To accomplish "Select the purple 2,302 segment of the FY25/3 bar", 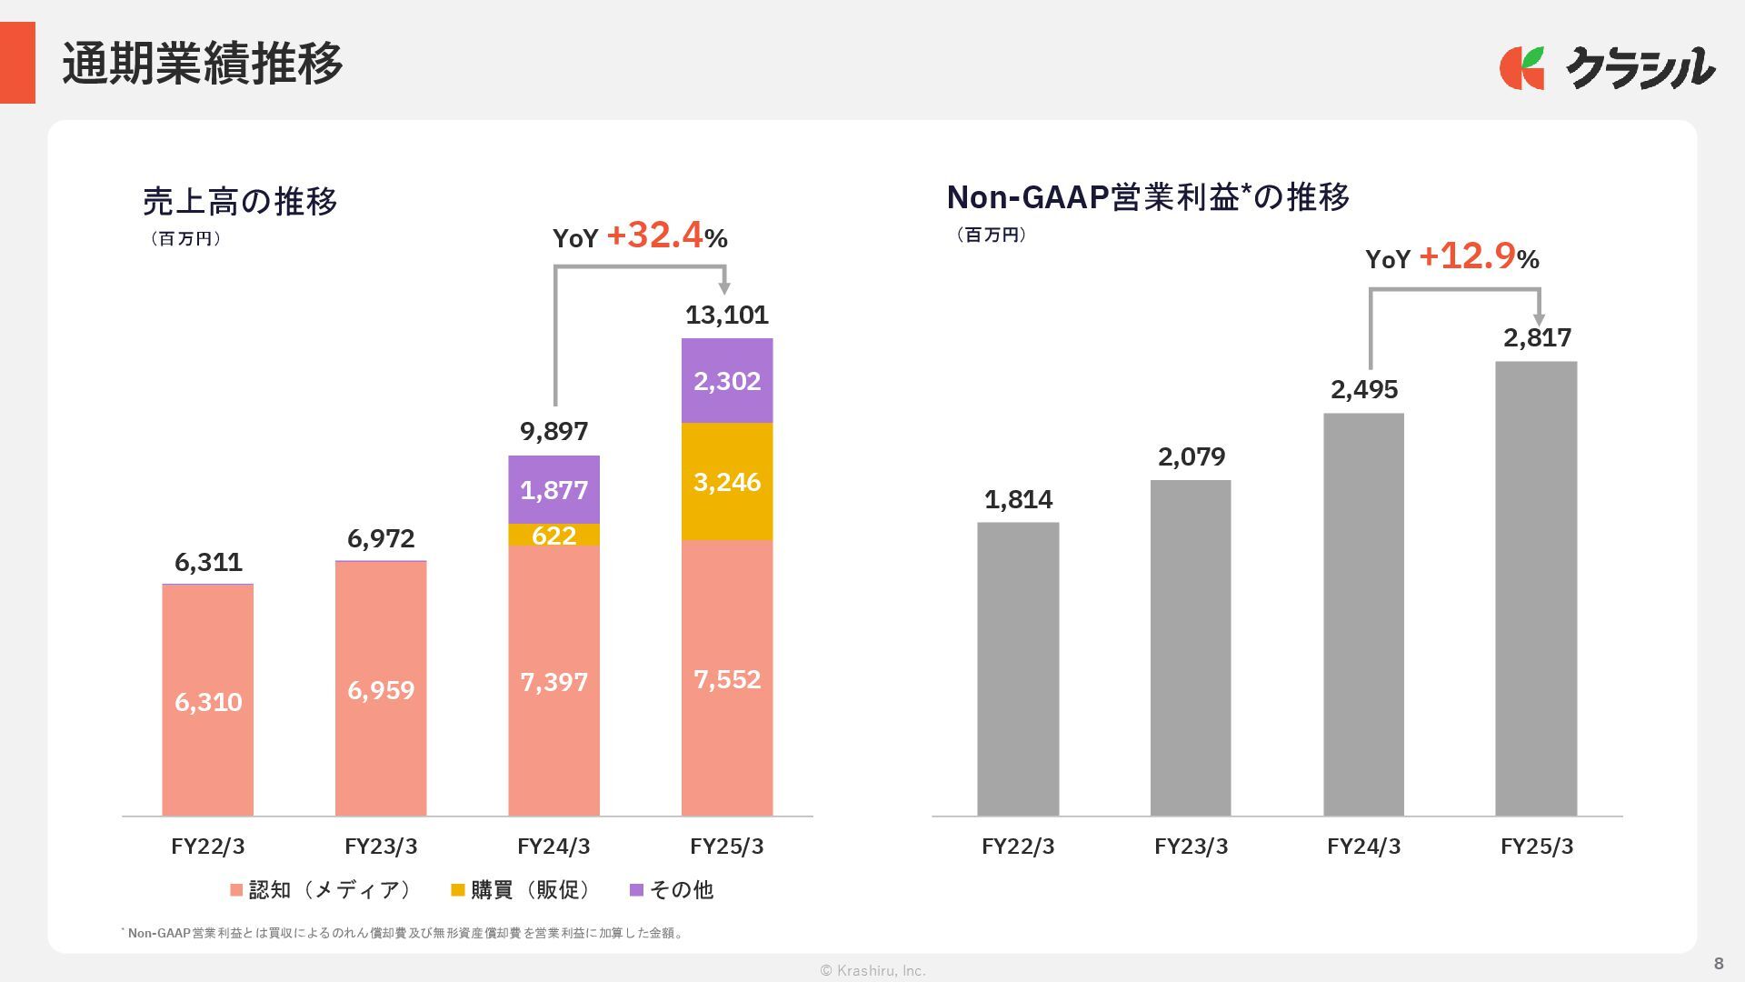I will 727,380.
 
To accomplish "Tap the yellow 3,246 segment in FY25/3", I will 727,482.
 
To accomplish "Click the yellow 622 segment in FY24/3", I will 553,536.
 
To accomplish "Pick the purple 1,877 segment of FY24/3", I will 553,490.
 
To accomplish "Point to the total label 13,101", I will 727,315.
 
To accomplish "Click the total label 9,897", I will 553,431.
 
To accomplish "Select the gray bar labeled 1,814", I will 1018,668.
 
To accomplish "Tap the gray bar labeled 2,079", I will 1191,647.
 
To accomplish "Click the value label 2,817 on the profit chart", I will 1537,337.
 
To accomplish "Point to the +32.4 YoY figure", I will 654,235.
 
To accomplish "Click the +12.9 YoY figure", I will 1467,256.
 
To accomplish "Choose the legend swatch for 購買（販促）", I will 458,890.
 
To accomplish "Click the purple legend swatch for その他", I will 636,890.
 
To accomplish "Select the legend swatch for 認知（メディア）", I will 236,890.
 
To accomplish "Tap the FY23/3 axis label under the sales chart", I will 381,847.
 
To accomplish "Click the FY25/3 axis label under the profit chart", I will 1537,847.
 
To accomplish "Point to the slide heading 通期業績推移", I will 202,64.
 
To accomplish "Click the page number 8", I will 1719,964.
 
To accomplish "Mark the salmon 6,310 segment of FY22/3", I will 208,701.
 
